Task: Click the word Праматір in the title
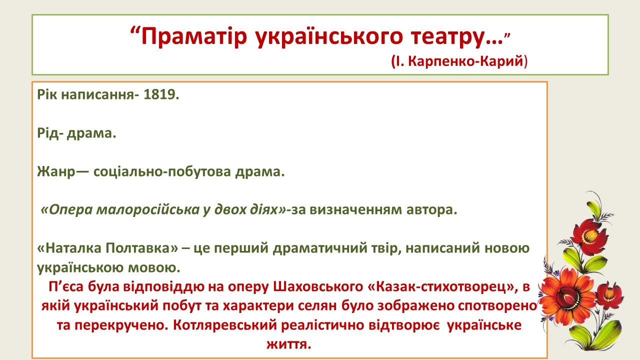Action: click(x=193, y=36)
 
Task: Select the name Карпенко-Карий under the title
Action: click(x=465, y=61)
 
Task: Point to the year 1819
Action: click(x=161, y=94)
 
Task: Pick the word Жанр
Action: click(x=56, y=172)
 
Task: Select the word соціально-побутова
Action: click(x=162, y=172)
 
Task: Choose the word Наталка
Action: click(x=70, y=248)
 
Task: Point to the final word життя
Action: click(x=288, y=344)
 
